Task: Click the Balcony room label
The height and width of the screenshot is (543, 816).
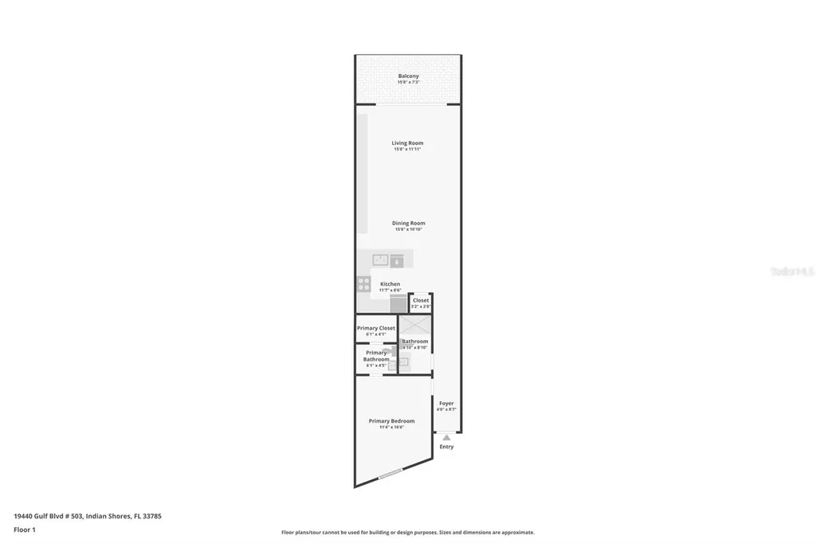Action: [x=408, y=76]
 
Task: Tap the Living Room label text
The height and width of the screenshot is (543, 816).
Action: [x=407, y=143]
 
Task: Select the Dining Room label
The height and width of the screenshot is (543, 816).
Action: [x=408, y=223]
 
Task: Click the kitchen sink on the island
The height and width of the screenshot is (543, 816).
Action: [x=381, y=260]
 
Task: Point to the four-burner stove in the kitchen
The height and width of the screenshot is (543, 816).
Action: [x=363, y=283]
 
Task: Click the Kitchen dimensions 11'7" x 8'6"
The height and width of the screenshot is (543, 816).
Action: [x=390, y=290]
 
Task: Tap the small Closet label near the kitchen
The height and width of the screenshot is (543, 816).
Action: [x=421, y=300]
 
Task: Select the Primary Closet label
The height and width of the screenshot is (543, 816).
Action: [x=376, y=328]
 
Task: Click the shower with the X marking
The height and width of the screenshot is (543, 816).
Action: [x=415, y=325]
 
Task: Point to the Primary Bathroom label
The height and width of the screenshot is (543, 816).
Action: [x=376, y=356]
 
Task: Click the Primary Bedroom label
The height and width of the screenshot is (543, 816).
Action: [x=391, y=420]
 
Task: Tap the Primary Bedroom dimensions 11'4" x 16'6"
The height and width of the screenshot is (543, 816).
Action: [x=391, y=428]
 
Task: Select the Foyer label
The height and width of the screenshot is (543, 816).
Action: [x=446, y=403]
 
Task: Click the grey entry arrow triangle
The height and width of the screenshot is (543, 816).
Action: [x=446, y=437]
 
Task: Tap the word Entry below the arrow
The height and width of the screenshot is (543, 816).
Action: [x=446, y=447]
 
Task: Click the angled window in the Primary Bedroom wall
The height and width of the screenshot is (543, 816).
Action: [x=390, y=475]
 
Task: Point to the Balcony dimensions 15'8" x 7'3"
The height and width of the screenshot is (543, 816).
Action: [x=408, y=82]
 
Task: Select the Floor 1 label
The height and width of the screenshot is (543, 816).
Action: [x=25, y=529]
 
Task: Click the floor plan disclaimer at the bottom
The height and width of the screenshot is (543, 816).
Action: [x=407, y=532]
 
